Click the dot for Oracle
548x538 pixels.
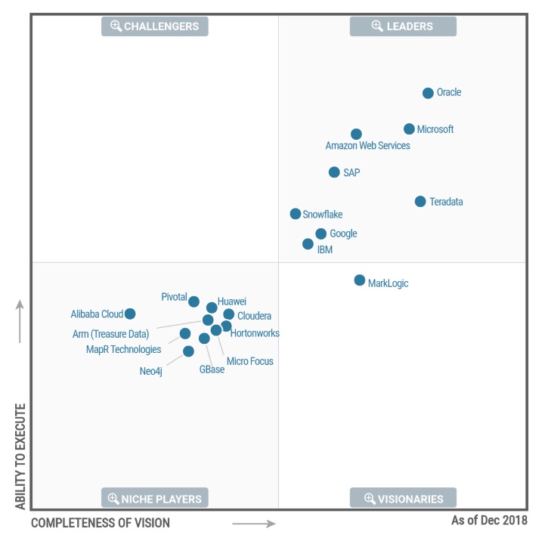coord(428,93)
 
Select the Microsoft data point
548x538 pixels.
coord(409,129)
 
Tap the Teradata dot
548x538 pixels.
coord(420,202)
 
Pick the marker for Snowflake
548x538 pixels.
coord(296,214)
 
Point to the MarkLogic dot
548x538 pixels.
coord(360,280)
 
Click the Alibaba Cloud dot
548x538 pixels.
coord(130,314)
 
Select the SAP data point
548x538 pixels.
coord(334,172)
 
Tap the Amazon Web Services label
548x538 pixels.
coord(367,146)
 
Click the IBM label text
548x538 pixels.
coord(325,250)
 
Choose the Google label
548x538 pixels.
coord(343,234)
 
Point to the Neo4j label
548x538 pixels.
coord(150,371)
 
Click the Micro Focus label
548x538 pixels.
coord(249,362)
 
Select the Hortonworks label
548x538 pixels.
coord(255,333)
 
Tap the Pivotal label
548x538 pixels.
coord(174,297)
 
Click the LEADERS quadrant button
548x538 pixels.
coord(403,26)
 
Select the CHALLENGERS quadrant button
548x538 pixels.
coord(155,26)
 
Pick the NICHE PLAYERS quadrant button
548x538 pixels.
coord(155,499)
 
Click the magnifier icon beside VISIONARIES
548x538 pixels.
coord(370,499)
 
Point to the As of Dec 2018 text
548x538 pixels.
coord(489,521)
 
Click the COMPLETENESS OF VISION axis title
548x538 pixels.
coord(101,523)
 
